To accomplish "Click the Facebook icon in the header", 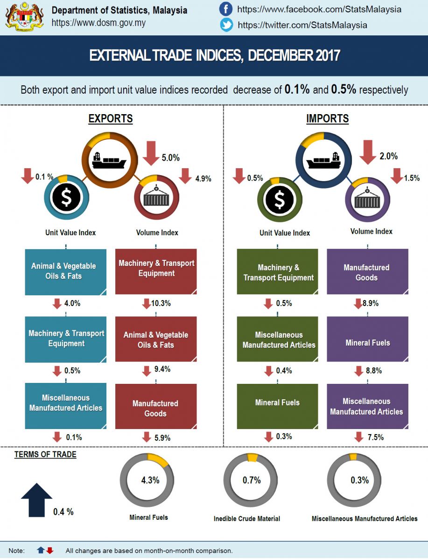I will [226, 9].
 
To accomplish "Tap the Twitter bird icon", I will [226, 25].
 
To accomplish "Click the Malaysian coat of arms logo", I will [25, 17].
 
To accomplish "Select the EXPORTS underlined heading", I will [111, 119].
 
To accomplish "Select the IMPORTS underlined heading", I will [327, 119].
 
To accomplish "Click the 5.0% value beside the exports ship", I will [170, 158].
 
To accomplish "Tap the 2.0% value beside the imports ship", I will [388, 157].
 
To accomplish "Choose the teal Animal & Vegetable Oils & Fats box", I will [66, 271].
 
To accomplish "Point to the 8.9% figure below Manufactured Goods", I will [370, 304].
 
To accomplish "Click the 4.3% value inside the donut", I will [150, 480].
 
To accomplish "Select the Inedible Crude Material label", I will [247, 518].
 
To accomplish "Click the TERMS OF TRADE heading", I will [45, 455].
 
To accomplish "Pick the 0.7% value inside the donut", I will [252, 480].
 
